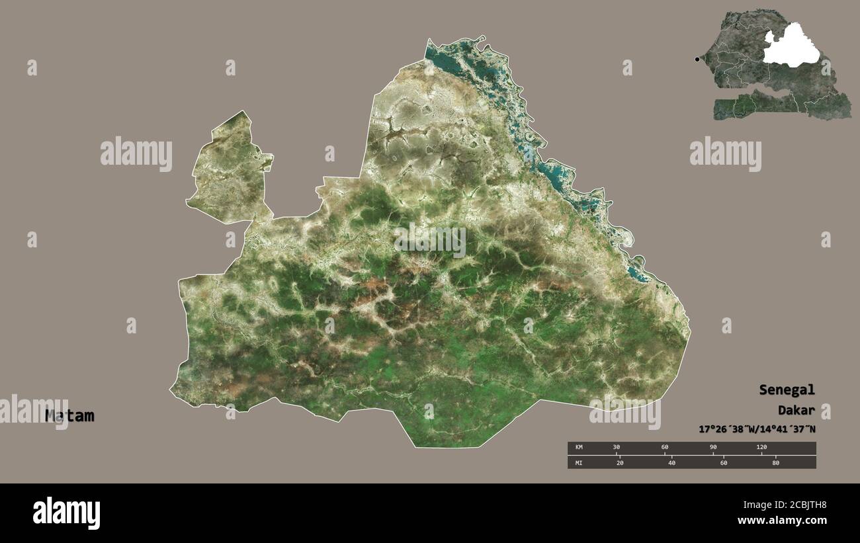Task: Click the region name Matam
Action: coord(69,416)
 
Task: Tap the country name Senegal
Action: coord(787,390)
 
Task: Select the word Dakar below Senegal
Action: coord(796,410)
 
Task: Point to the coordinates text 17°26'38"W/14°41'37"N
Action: coord(757,429)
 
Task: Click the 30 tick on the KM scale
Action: coord(617,448)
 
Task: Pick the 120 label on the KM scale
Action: coord(761,448)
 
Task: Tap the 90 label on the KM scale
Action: coord(713,448)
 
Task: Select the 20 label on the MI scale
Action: coord(619,462)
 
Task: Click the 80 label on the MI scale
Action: coord(775,462)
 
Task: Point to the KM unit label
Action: coord(579,448)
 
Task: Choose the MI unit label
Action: coord(579,462)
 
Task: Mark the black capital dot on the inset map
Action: coord(697,60)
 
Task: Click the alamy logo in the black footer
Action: coord(67,513)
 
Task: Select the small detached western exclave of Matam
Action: coord(228,169)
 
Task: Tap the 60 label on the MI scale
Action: coord(723,462)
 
